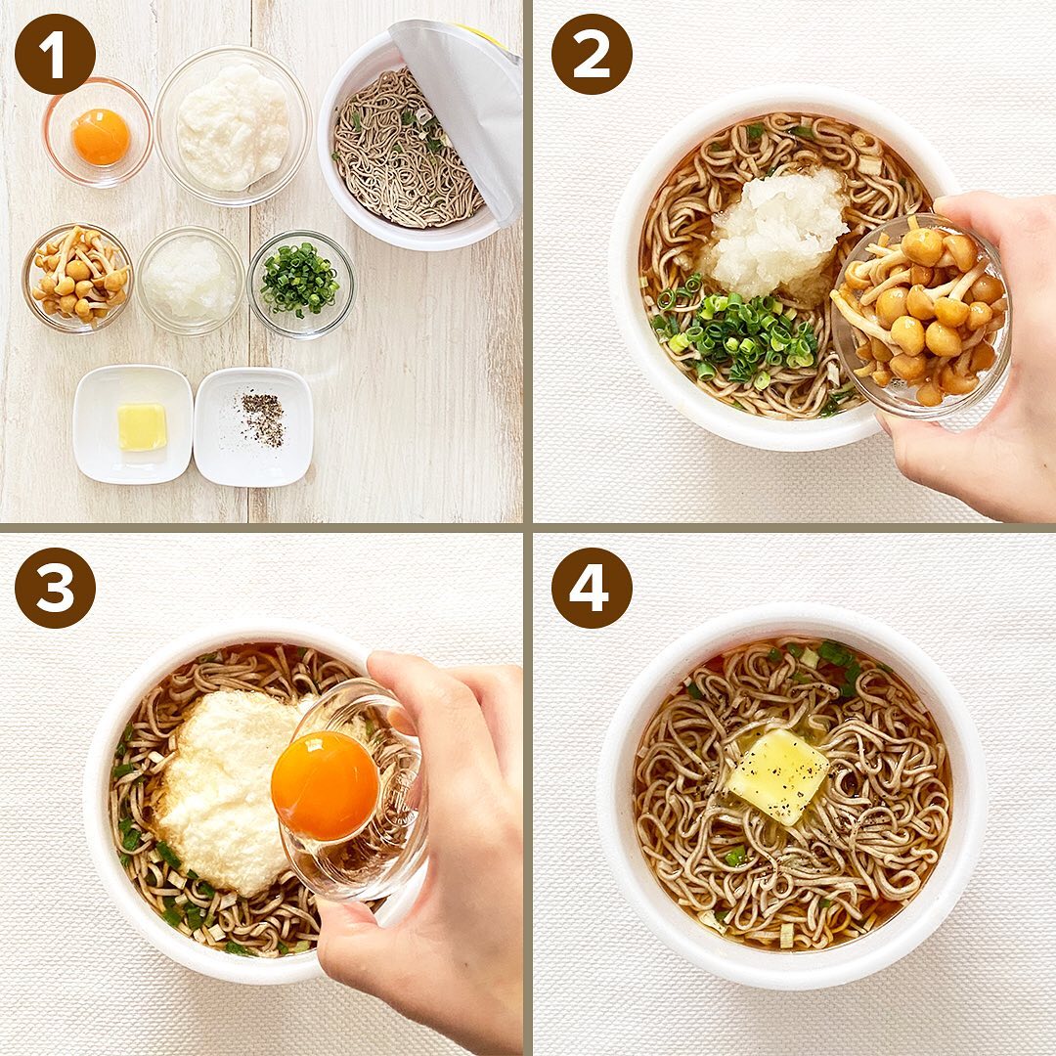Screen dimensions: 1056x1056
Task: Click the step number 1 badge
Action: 55,55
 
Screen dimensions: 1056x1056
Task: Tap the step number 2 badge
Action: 592,55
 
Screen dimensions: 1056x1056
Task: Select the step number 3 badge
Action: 55,588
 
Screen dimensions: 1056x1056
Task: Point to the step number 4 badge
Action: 592,588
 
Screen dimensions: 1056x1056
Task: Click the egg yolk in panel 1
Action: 101,137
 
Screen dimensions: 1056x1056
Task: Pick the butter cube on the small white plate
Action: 142,427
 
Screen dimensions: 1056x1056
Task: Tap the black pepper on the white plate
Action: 262,419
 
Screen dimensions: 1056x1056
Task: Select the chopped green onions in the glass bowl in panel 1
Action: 300,280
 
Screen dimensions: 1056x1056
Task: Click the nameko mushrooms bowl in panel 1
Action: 78,278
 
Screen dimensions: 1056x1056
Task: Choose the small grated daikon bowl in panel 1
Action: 191,281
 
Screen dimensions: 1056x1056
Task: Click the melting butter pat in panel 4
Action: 778,775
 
